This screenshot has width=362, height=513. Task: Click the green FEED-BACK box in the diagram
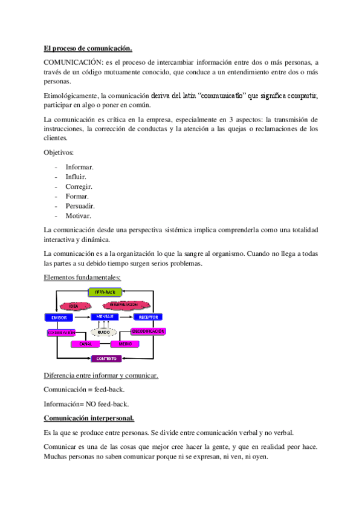click(105, 292)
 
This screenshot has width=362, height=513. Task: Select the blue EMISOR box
click(59, 317)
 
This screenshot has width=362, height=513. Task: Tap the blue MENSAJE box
click(105, 316)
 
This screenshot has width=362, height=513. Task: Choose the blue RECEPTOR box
click(148, 317)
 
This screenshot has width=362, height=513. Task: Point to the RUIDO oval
click(103, 332)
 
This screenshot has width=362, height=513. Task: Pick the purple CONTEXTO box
click(106, 359)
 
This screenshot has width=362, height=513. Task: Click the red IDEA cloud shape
click(74, 306)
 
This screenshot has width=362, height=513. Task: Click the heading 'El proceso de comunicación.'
click(88, 48)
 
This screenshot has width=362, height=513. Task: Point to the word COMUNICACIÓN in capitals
click(73, 62)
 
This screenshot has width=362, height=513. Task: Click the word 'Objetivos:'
click(59, 152)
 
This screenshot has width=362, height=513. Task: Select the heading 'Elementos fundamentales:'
click(82, 278)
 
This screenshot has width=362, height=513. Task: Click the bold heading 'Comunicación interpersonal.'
click(89, 418)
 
